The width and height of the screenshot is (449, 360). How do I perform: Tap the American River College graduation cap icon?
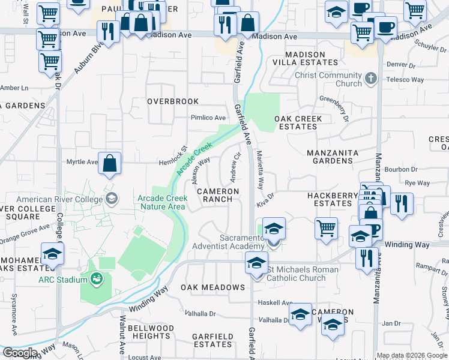point(111,199)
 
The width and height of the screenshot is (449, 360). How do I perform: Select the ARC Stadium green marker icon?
point(96,278)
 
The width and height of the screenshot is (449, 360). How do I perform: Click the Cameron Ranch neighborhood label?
point(218,195)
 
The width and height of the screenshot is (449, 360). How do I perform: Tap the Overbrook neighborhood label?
point(173,101)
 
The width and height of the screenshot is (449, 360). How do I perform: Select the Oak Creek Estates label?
point(298,122)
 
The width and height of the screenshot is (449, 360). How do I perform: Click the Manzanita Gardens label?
point(333,157)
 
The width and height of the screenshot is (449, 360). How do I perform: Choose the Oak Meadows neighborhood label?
point(213,287)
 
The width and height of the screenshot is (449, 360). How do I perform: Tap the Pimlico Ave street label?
point(208,118)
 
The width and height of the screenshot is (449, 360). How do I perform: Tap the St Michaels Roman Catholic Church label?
point(303,274)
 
